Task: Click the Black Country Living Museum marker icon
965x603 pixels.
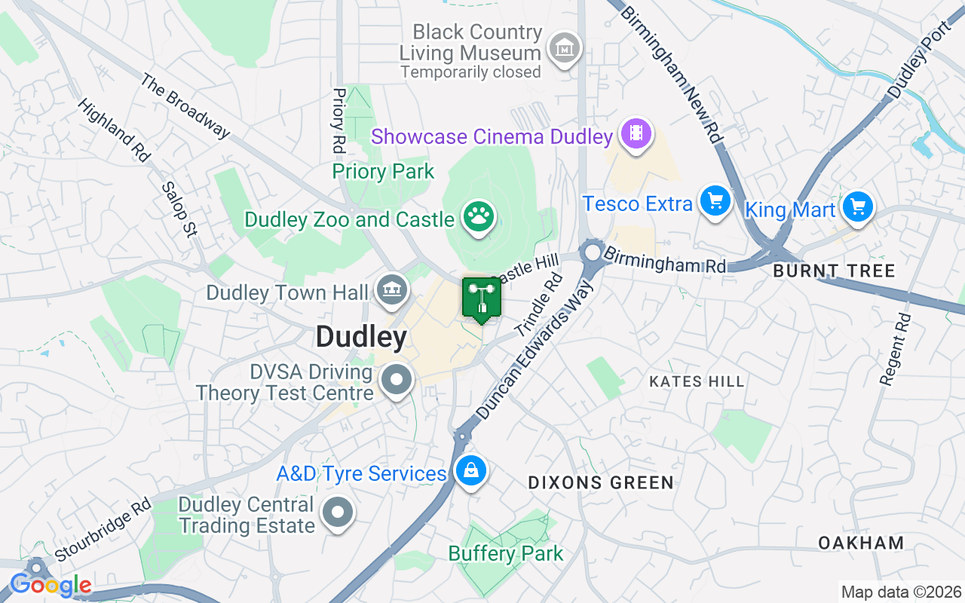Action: pyautogui.click(x=564, y=49)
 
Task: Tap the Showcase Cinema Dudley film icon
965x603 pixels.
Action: pyautogui.click(x=636, y=134)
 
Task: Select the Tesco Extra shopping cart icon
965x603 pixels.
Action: pyautogui.click(x=715, y=201)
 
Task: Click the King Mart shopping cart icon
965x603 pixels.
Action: pyautogui.click(x=856, y=206)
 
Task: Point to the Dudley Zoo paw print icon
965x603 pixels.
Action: pyautogui.click(x=477, y=217)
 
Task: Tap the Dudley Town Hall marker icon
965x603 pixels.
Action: pyautogui.click(x=391, y=289)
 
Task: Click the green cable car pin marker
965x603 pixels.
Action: pyautogui.click(x=481, y=298)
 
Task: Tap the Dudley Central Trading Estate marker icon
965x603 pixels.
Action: pyautogui.click(x=338, y=513)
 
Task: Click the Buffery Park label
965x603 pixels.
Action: pyautogui.click(x=505, y=554)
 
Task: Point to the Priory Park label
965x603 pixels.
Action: pyautogui.click(x=383, y=172)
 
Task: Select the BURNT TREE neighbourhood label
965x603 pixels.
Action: pyautogui.click(x=834, y=271)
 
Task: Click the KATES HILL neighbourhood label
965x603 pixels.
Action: pyautogui.click(x=697, y=381)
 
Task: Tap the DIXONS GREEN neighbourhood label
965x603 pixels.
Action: pyautogui.click(x=601, y=482)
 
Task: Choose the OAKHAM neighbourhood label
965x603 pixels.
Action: pyautogui.click(x=861, y=543)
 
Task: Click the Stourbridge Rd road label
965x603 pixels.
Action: pyautogui.click(x=103, y=530)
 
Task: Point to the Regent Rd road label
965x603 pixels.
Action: pyautogui.click(x=896, y=350)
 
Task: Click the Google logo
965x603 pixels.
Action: pyautogui.click(x=51, y=584)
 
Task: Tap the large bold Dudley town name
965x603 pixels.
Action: pyautogui.click(x=362, y=337)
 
